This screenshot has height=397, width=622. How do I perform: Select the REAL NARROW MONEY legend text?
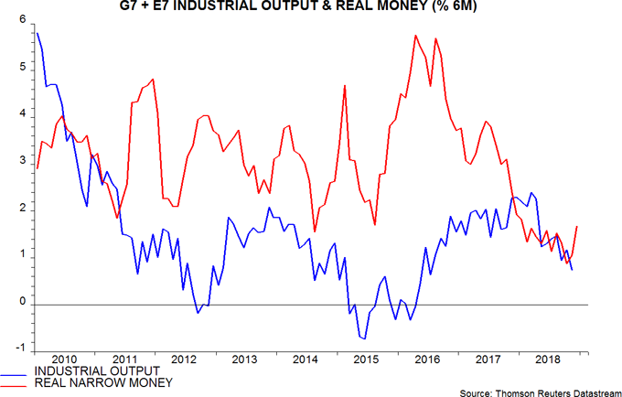point(100,381)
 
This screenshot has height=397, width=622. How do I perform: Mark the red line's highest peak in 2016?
point(416,36)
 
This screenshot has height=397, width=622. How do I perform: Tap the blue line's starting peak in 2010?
point(38,33)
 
